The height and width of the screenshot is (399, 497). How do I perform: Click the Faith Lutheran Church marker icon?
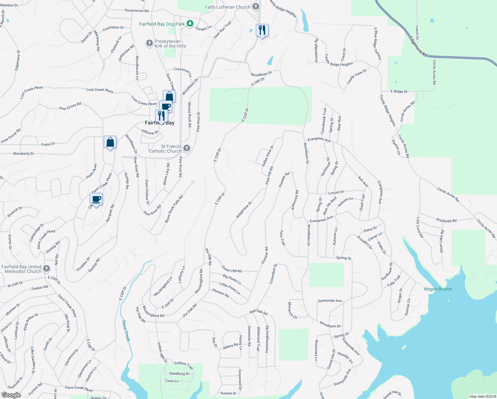pyautogui.click(x=255, y=7)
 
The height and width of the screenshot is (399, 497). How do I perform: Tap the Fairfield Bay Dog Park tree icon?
pyautogui.click(x=190, y=24)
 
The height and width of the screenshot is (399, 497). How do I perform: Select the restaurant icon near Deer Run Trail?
pyautogui.click(x=262, y=30)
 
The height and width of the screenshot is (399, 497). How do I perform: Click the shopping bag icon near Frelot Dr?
pyautogui.click(x=110, y=142)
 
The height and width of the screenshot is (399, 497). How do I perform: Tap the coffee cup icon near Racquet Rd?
pyautogui.click(x=96, y=199)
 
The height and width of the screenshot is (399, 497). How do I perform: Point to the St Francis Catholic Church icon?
pyautogui.click(x=187, y=148)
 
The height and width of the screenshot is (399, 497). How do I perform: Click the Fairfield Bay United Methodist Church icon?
pyautogui.click(x=47, y=269)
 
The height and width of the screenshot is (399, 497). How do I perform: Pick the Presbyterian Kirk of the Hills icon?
pyautogui.click(x=149, y=43)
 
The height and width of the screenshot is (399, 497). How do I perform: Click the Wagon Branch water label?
pyautogui.click(x=438, y=289)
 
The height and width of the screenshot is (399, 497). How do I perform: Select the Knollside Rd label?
pyautogui.click(x=446, y=220)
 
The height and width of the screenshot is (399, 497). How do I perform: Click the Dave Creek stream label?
pyautogui.click(x=126, y=331)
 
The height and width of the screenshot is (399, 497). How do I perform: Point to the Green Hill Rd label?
pyautogui.click(x=232, y=269)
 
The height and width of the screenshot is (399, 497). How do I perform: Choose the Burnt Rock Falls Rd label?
pyautogui.click(x=174, y=209)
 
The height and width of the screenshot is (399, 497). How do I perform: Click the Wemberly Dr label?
pyautogui.click(x=24, y=154)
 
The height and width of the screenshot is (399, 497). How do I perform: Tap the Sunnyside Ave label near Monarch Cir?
pyautogui.click(x=330, y=301)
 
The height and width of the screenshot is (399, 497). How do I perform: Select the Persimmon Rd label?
pyautogui.click(x=137, y=11)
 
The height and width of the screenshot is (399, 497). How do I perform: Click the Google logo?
pyautogui.click(x=11, y=395)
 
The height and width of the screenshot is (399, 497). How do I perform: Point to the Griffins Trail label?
pyautogui.click(x=184, y=365)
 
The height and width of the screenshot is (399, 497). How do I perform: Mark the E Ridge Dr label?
pyautogui.click(x=399, y=91)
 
